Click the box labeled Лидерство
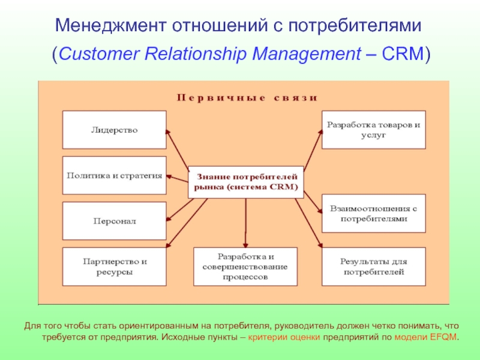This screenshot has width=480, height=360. click(115, 130)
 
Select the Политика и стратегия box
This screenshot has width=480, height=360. click(115, 175)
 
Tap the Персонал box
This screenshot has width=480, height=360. click(115, 221)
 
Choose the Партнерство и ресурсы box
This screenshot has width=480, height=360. click(115, 266)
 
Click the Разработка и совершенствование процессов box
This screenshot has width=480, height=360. click(245, 266)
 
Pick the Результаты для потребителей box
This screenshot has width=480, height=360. click(373, 266)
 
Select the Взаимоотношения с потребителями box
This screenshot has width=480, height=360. click(373, 214)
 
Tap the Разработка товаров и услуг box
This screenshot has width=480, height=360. click(373, 130)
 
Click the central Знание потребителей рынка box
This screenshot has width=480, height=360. click(246, 182)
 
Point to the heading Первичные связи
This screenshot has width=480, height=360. click(247, 98)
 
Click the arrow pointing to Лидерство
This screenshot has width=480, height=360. click(178, 149)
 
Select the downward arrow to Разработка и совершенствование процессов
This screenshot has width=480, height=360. click(245, 223)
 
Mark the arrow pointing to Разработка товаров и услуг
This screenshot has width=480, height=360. click(313, 150)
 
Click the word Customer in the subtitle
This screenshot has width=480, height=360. click(98, 54)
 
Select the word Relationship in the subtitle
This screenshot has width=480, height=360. click(196, 54)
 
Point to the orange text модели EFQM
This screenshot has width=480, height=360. click(425, 337)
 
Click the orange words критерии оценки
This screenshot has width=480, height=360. click(284, 337)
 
